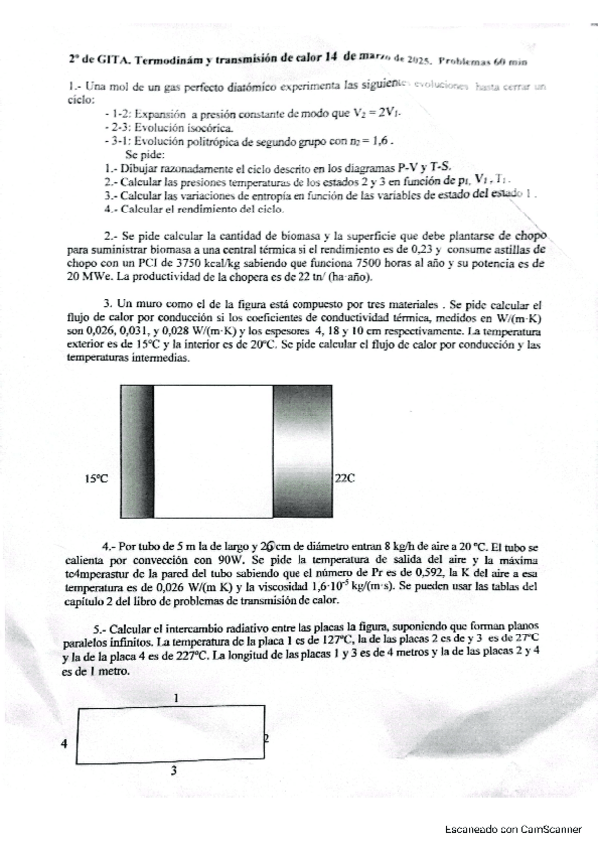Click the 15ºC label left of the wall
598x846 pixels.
click(x=95, y=479)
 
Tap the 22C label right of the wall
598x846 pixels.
click(x=345, y=479)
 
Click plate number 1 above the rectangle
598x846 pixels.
click(x=176, y=699)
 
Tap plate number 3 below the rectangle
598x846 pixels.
click(x=173, y=770)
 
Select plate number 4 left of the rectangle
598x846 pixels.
click(x=64, y=744)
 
